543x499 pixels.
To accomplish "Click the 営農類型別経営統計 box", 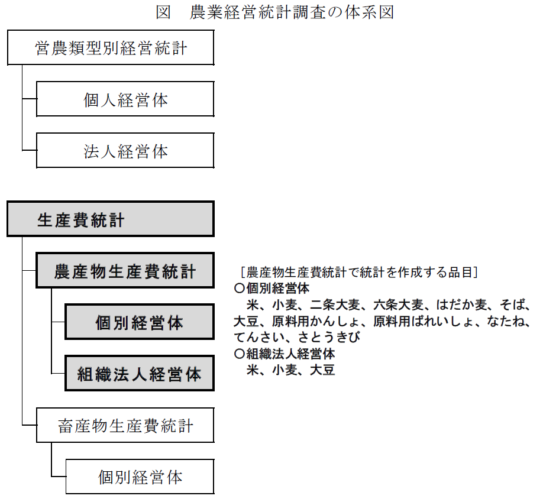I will (x=110, y=48).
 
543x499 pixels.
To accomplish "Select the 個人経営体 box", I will (x=125, y=99).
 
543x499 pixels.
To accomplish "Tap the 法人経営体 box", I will (x=125, y=151).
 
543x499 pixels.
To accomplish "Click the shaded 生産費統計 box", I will (x=110, y=219).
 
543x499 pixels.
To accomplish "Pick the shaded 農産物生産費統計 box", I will (x=125, y=271).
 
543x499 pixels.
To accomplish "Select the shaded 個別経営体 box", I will (x=139, y=322).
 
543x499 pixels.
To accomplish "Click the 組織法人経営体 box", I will (x=139, y=374).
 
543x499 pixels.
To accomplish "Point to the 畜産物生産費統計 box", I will (x=125, y=425).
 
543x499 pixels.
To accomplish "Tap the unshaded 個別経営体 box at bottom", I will (x=140, y=477).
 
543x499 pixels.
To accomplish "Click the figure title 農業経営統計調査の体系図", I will (x=275, y=12).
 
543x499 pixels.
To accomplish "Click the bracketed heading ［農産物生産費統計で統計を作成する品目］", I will (x=359, y=273).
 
